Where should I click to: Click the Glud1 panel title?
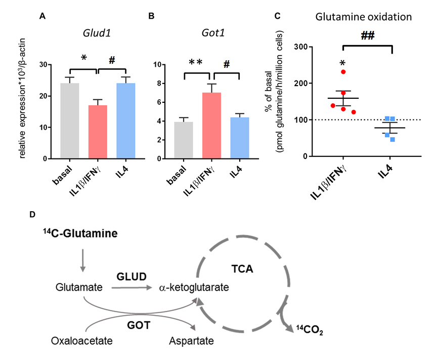click(98, 34)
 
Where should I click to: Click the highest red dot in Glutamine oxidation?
click(343, 72)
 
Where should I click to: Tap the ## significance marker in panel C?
click(368, 36)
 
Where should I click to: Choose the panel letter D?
click(33, 215)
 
